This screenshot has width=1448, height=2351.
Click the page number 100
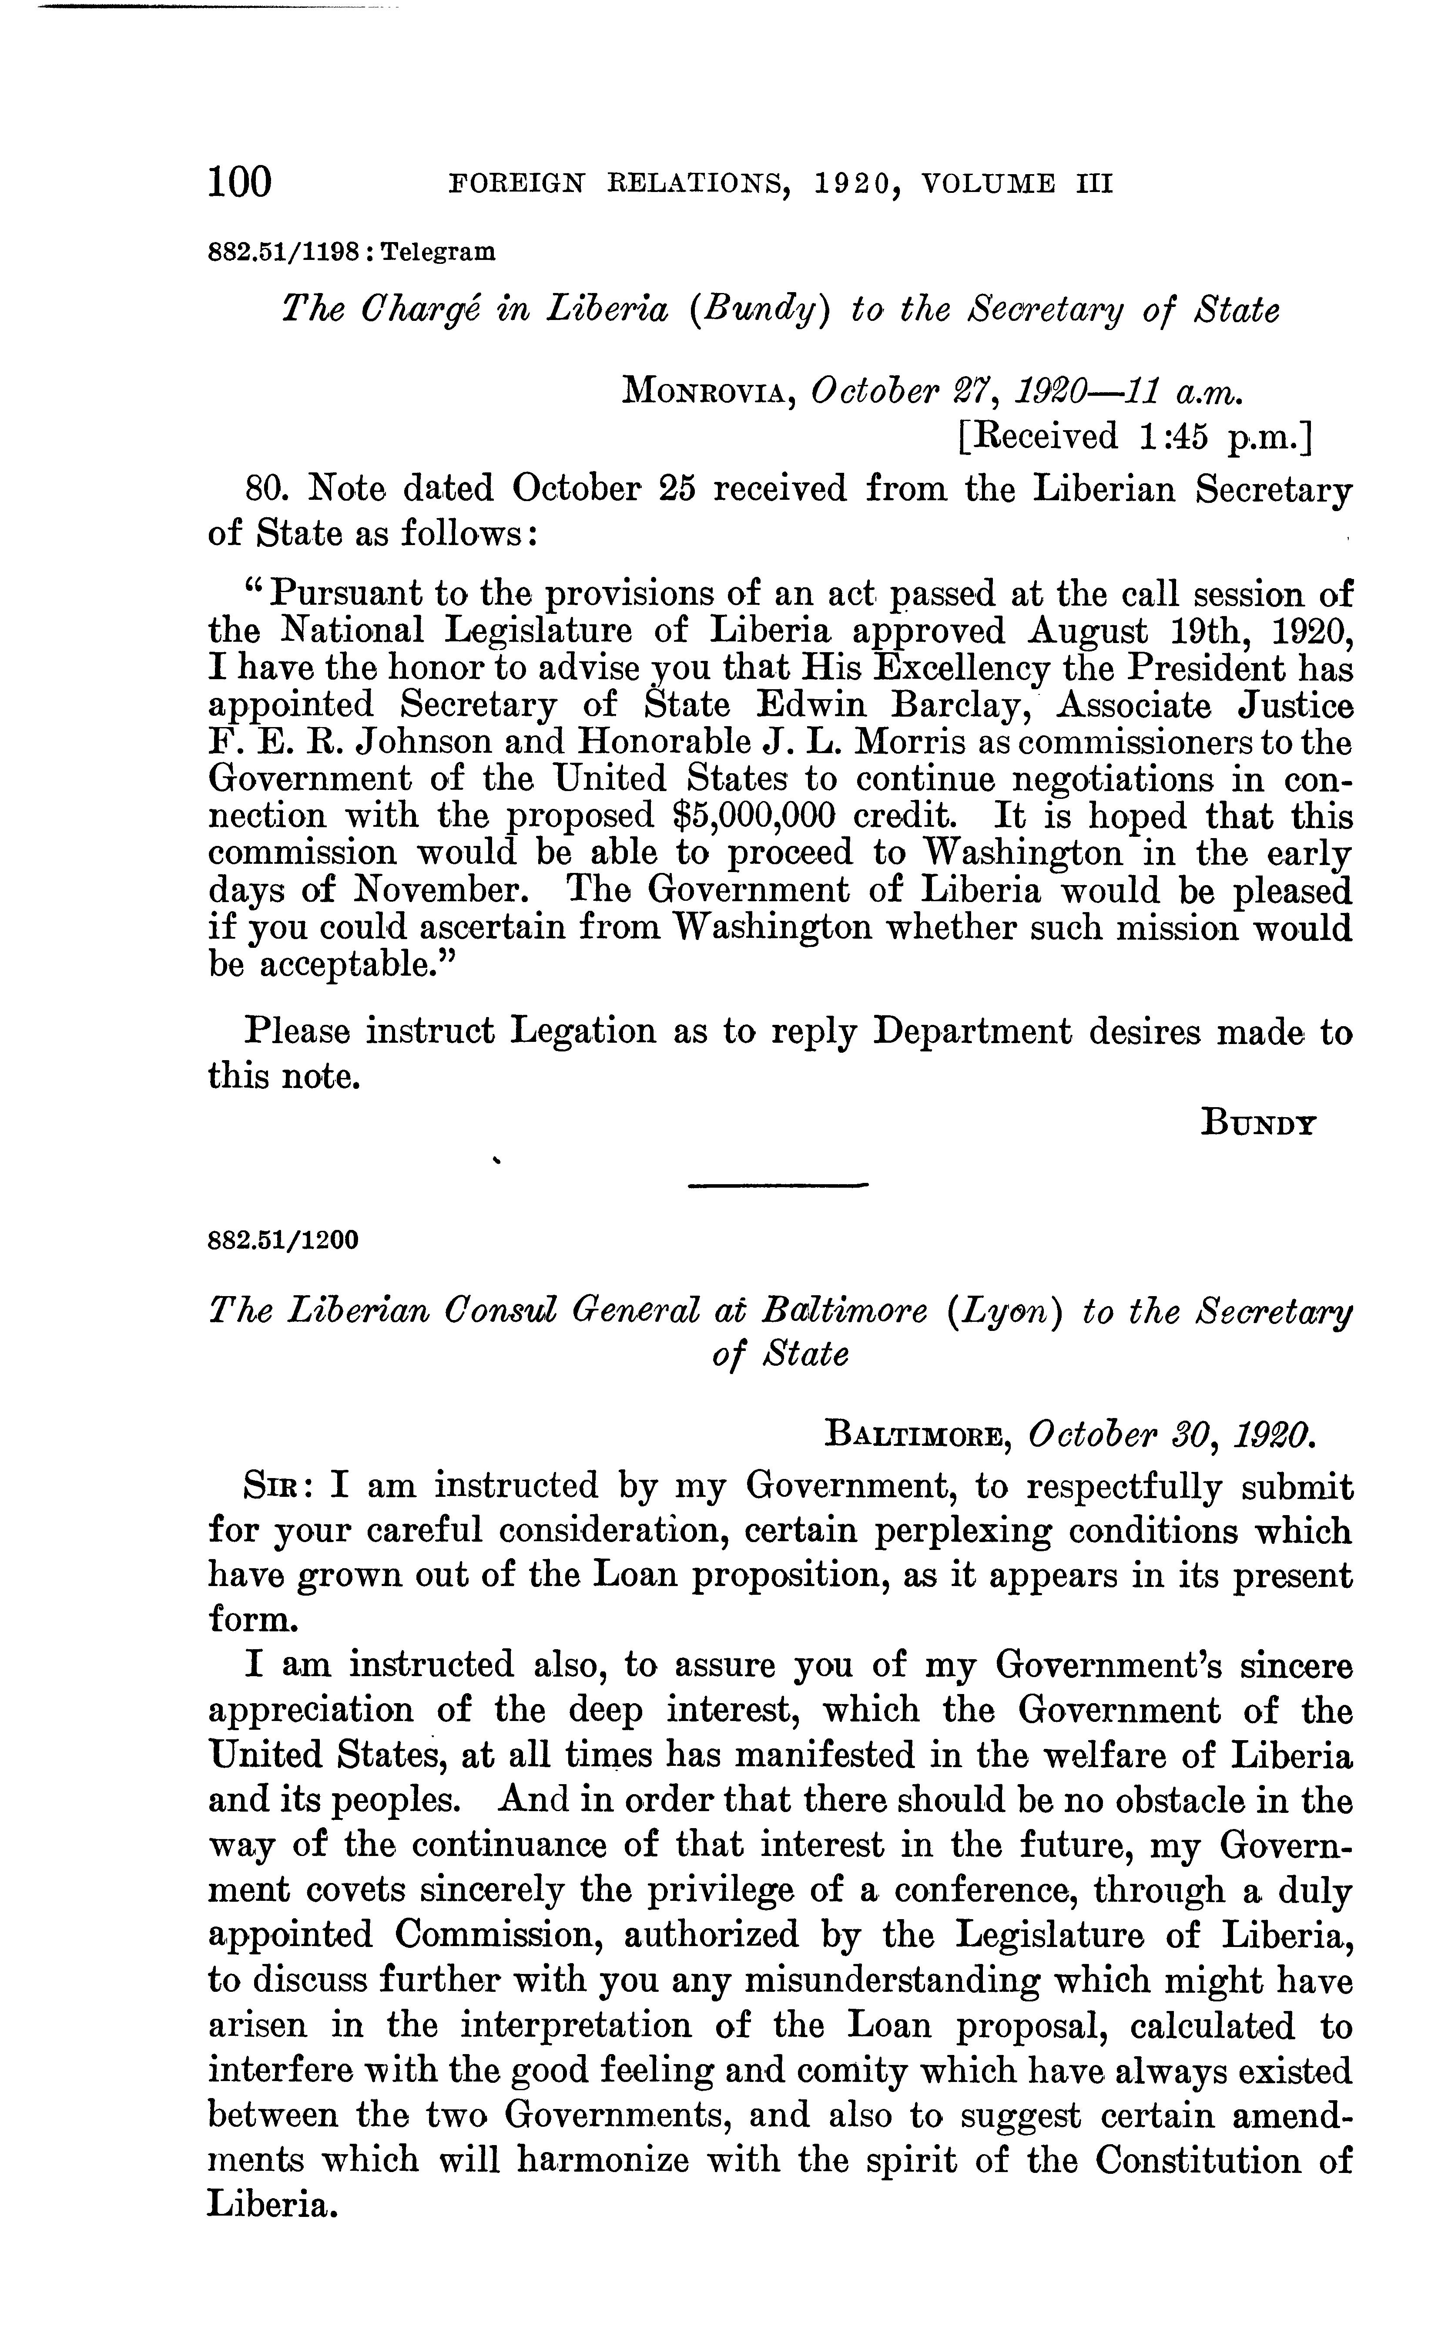pyautogui.click(x=239, y=181)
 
